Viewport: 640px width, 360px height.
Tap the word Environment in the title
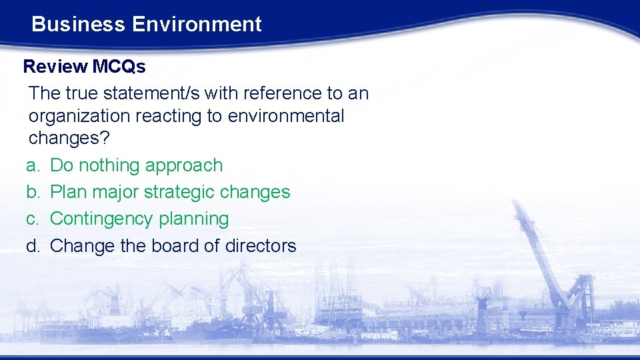point(197,25)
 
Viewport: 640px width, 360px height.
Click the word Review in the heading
point(55,67)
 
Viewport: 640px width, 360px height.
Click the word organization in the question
point(79,116)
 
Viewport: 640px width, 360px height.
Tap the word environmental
point(286,116)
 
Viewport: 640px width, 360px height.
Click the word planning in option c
point(198,219)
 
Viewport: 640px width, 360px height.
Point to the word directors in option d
point(261,246)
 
